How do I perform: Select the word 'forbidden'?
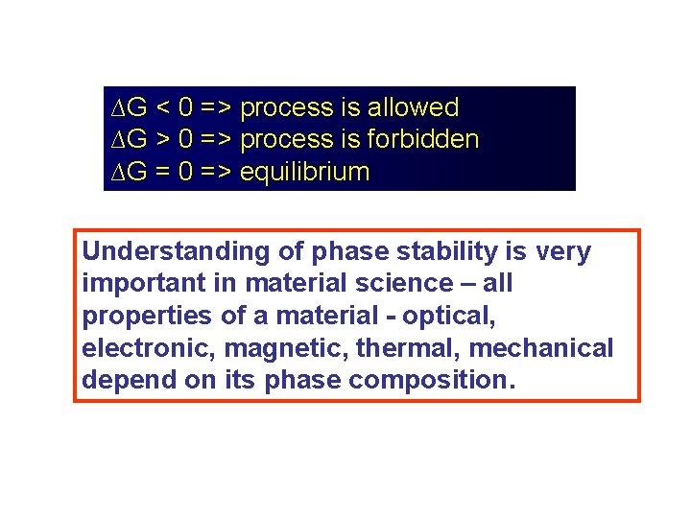tap(422, 140)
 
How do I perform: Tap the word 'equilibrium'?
tap(304, 173)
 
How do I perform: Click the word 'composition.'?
tap(433, 379)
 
